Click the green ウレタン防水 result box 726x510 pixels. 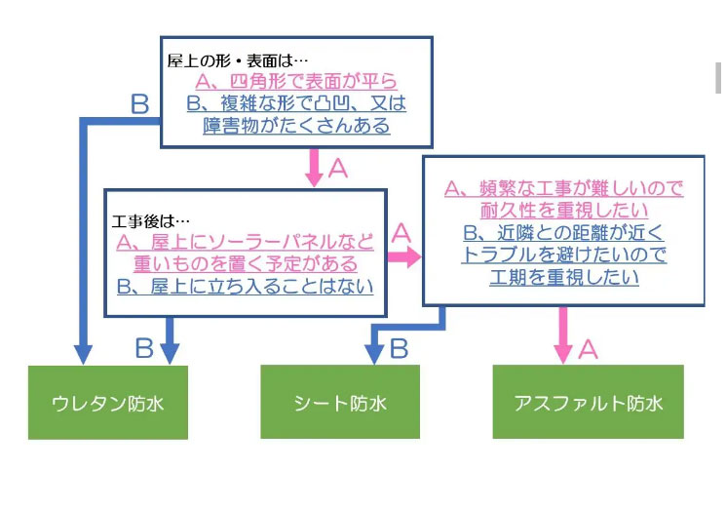coord(108,403)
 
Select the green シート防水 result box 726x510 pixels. coord(340,402)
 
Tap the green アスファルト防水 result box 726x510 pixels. coord(588,402)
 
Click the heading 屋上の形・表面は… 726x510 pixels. coord(238,60)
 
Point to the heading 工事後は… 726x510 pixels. coord(150,221)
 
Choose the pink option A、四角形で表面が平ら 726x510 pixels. coord(296,82)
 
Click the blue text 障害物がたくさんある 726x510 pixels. coord(296,126)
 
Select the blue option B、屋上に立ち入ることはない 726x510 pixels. coord(245,287)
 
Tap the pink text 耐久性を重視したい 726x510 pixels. coord(564,211)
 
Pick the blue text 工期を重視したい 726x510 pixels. coord(564,277)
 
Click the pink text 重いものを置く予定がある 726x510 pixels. coord(246,264)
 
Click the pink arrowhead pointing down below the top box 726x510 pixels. coord(315,178)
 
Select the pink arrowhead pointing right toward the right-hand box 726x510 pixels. coord(414,256)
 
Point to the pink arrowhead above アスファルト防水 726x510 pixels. coord(563,355)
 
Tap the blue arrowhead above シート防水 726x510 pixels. coord(374,355)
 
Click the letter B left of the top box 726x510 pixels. coord(139,104)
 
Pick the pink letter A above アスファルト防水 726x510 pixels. coord(588,349)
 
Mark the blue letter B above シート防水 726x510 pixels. coord(400,348)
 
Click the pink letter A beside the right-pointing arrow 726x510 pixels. coord(401,233)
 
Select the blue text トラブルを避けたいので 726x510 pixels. coord(564,255)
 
